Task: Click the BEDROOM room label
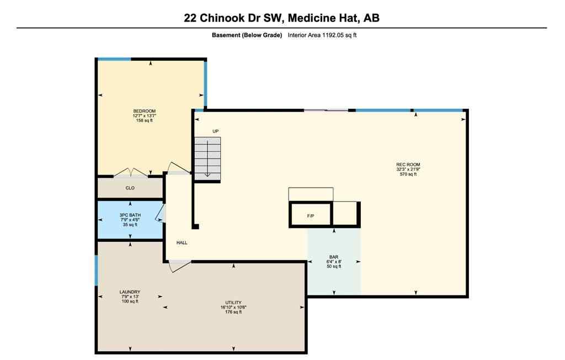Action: tap(144, 111)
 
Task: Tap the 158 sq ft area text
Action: tap(144, 120)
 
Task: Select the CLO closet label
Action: tap(130, 188)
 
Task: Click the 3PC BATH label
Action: tap(130, 215)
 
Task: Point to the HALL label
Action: tap(182, 242)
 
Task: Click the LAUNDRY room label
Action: tap(130, 292)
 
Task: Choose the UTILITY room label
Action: tap(233, 303)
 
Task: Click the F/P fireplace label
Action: tap(311, 215)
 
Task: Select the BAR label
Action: tap(333, 257)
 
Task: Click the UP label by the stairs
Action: tap(216, 131)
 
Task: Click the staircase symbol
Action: tap(207, 158)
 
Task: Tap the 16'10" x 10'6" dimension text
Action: tap(233, 308)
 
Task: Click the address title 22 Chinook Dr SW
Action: tap(281, 18)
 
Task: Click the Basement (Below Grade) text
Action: tap(247, 35)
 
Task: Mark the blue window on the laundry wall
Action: tap(97, 270)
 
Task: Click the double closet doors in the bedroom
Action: tap(131, 173)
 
